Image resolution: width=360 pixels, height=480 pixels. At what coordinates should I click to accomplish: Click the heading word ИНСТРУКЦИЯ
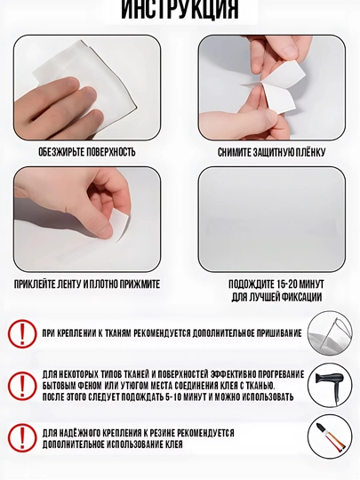180,10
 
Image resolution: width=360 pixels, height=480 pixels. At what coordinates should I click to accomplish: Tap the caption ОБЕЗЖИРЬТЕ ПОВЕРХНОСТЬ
87,152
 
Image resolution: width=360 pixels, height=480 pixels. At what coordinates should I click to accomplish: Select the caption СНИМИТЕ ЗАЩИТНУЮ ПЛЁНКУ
271,152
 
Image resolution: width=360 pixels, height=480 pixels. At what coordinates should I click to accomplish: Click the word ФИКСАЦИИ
301,297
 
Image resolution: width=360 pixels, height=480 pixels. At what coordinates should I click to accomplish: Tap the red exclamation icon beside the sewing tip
22,333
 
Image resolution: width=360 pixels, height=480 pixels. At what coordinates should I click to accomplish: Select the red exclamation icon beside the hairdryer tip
22,386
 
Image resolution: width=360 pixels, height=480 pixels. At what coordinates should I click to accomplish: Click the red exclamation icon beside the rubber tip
22,437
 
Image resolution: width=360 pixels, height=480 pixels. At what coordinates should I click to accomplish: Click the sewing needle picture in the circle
330,333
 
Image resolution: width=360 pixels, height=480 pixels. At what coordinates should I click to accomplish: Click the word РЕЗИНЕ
162,433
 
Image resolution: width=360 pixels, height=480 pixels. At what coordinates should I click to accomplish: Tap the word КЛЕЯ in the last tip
174,444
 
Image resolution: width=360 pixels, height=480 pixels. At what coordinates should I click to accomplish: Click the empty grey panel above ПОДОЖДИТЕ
271,220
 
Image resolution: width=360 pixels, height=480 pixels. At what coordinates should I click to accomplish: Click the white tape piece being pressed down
119,226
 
